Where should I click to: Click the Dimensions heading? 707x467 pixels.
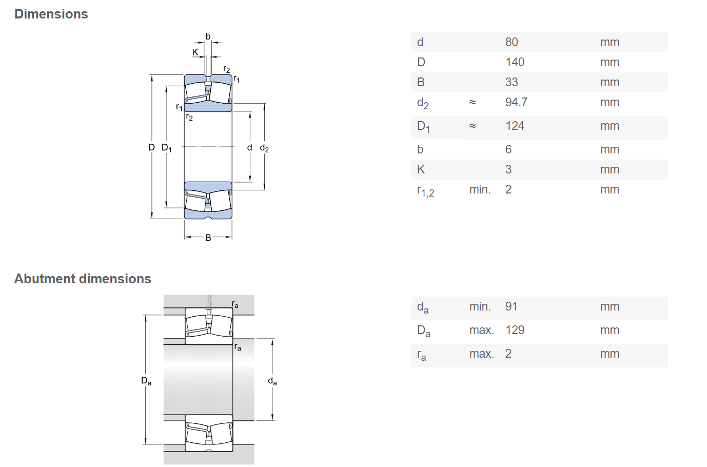(x=51, y=14)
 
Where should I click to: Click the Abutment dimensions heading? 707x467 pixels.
(x=83, y=279)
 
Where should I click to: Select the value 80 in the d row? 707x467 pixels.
(x=512, y=42)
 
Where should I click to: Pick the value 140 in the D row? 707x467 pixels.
(x=515, y=62)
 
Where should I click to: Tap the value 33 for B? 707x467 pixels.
(x=512, y=82)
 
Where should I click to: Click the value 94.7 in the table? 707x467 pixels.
(x=516, y=102)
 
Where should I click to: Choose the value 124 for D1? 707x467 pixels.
(x=515, y=126)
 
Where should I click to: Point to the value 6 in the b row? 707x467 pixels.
(x=508, y=149)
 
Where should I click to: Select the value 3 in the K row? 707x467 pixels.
(x=508, y=169)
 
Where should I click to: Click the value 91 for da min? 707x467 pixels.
(x=512, y=306)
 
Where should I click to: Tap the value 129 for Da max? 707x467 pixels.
(x=515, y=330)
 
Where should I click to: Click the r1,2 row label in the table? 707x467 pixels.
(x=425, y=191)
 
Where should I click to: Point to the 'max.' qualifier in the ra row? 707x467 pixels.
(x=482, y=354)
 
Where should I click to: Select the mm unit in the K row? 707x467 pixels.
(x=610, y=169)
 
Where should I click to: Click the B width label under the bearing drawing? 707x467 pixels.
(x=208, y=238)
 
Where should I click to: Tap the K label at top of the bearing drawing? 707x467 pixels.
(x=195, y=52)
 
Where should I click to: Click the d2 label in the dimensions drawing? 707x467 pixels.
(x=264, y=148)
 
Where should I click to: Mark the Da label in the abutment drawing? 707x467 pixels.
(x=146, y=381)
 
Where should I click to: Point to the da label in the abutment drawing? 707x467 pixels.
(x=272, y=381)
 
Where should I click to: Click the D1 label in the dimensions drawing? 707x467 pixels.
(x=167, y=148)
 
